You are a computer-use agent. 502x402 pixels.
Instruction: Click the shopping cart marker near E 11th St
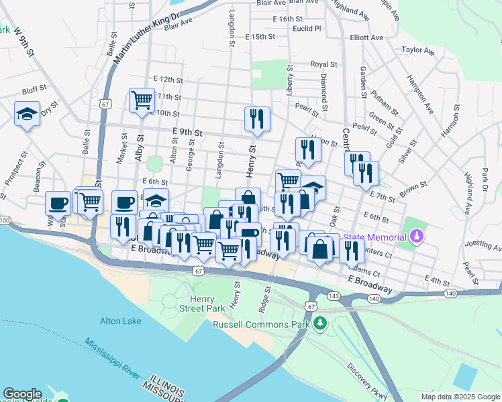click(142, 100)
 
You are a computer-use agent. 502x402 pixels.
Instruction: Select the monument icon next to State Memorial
click(417, 237)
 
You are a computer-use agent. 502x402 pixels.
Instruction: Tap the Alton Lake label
click(120, 321)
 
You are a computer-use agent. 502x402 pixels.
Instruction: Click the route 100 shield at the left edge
click(5, 220)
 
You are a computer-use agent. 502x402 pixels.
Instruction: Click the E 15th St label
click(260, 36)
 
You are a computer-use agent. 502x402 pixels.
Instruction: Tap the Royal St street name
click(323, 65)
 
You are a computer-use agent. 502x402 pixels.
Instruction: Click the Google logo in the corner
click(23, 394)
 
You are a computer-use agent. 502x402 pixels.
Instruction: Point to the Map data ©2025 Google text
click(460, 397)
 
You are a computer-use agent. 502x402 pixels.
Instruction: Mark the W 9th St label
click(23, 42)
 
